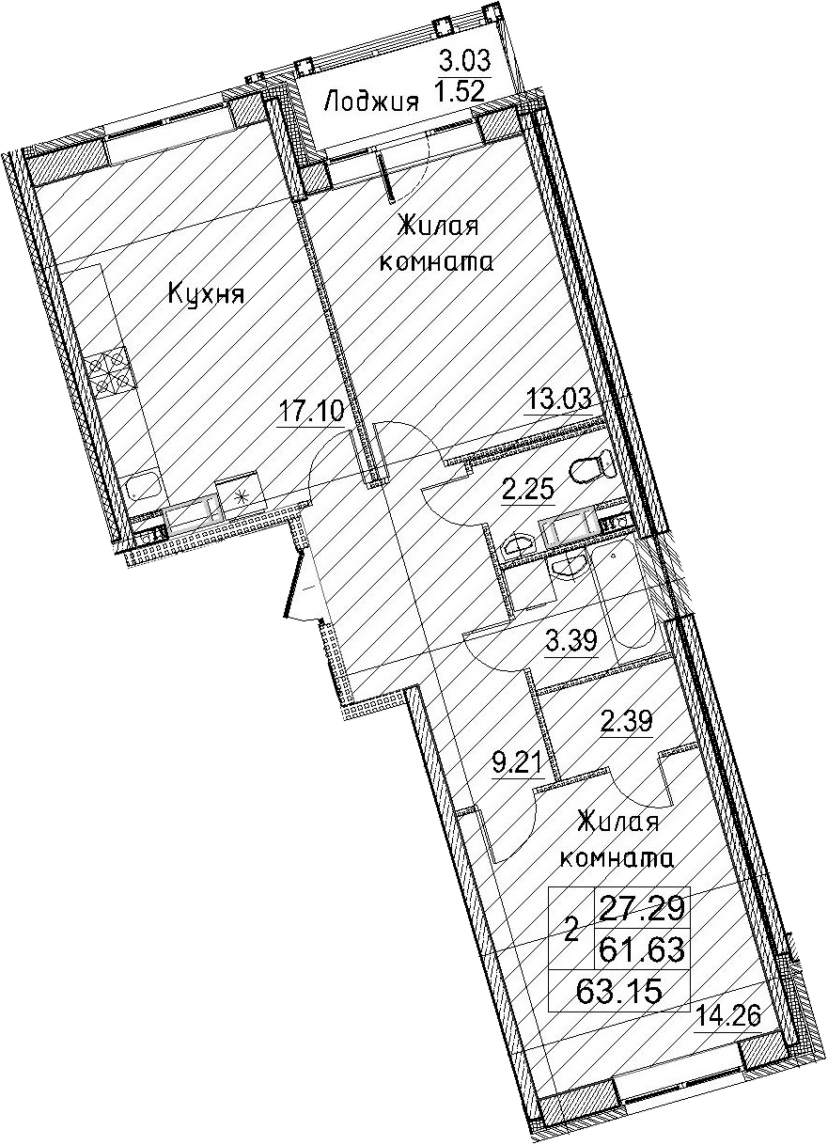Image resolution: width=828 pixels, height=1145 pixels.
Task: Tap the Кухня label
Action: coord(206,295)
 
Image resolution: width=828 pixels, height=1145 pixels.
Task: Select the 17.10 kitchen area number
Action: coord(311,411)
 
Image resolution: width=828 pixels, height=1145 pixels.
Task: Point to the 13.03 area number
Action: coord(558,397)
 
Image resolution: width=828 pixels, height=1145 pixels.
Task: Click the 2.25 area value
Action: coord(528,491)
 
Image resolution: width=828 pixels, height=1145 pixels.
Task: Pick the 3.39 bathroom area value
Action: coord(571,639)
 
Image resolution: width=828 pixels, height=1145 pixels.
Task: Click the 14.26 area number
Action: coord(727,1013)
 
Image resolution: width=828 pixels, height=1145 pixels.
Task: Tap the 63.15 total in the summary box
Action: coord(619,991)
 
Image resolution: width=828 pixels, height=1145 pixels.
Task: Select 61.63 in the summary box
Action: coord(642,950)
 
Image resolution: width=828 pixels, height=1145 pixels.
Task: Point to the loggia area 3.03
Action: coord(465,61)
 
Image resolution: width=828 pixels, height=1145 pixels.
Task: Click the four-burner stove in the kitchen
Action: coord(108,369)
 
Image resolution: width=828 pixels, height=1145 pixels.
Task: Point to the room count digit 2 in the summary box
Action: coord(572,930)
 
